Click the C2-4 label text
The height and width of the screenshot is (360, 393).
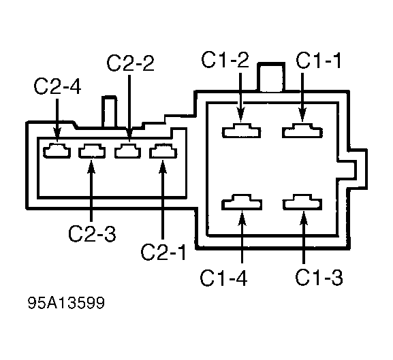[x=57, y=86]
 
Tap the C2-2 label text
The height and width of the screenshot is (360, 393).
[x=130, y=63]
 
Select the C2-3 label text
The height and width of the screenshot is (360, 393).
[x=92, y=234]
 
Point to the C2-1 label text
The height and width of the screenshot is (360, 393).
[x=163, y=252]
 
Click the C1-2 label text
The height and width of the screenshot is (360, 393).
[x=225, y=60]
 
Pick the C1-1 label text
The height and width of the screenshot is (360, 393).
[x=318, y=60]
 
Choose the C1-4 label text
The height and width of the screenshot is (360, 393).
[x=223, y=278]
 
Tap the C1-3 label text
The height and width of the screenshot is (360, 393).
[x=319, y=277]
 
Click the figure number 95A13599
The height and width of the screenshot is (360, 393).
[x=66, y=303]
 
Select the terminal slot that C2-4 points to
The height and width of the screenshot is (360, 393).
[x=57, y=150]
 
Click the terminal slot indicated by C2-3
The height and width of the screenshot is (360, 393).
[x=92, y=150]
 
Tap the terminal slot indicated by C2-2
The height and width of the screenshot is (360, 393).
[x=128, y=150]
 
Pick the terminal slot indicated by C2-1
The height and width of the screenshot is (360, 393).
[x=163, y=150]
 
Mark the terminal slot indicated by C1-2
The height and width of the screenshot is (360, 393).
[x=241, y=131]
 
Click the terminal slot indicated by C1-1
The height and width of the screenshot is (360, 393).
[x=302, y=131]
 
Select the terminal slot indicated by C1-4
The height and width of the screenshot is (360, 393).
[x=242, y=202]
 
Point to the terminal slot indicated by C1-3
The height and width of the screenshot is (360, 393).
[x=302, y=202]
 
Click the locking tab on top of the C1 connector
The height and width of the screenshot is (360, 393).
[x=271, y=77]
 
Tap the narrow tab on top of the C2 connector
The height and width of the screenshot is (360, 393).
[x=109, y=112]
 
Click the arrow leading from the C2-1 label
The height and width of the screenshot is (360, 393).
[x=163, y=200]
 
